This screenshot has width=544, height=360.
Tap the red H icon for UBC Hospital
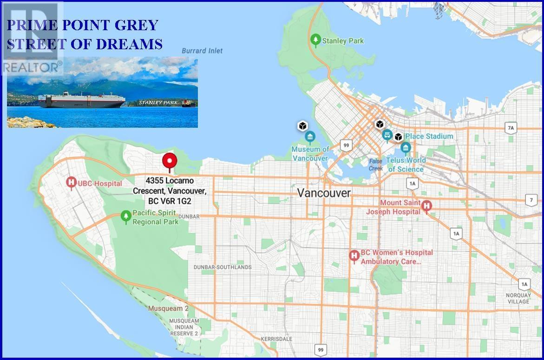(x=72, y=183)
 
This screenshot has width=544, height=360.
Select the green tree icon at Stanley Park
(x=316, y=40)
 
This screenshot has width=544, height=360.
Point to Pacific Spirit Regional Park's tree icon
(x=125, y=216)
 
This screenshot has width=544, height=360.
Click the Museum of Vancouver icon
(x=310, y=137)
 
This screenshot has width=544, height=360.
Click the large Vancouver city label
(x=324, y=192)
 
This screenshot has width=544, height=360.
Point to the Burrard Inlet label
(x=202, y=51)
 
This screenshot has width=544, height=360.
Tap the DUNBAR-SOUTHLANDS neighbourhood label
(x=223, y=267)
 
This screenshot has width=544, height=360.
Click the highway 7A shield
(x=511, y=128)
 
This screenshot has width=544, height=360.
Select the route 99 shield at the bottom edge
(x=320, y=349)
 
